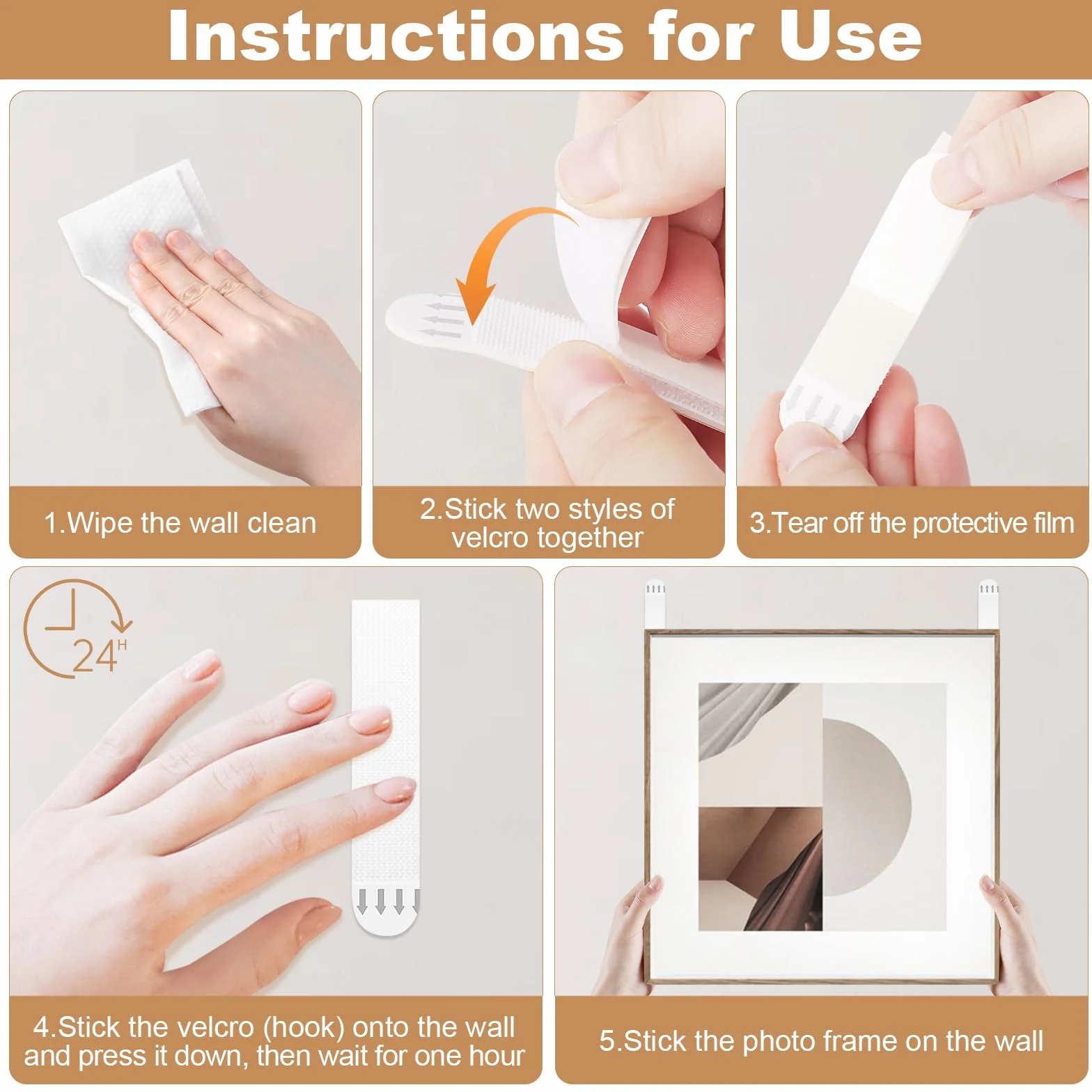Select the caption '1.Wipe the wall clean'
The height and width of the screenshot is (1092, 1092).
tap(180, 522)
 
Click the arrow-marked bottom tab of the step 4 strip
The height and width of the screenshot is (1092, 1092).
tap(387, 910)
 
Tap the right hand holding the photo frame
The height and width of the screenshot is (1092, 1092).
tap(1010, 933)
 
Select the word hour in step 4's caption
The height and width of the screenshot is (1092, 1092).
tap(495, 1056)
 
